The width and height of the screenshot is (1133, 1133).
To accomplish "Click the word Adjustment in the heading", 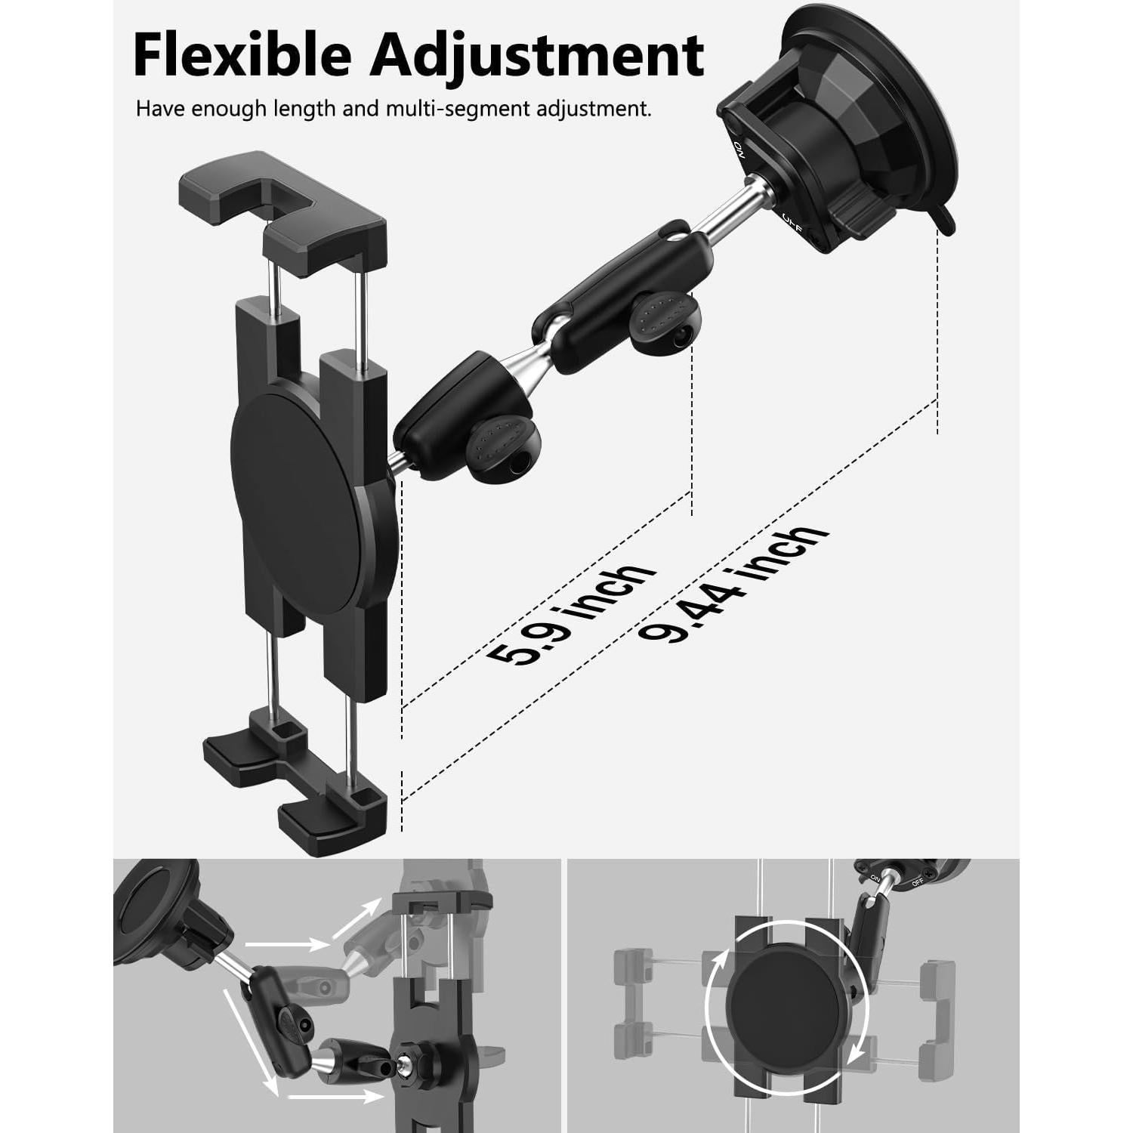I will tap(536, 56).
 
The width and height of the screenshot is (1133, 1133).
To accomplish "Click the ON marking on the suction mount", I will tap(739, 147).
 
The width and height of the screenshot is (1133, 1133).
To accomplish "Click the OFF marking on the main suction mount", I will tap(790, 219).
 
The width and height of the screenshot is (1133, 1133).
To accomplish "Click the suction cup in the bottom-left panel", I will tap(151, 914).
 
